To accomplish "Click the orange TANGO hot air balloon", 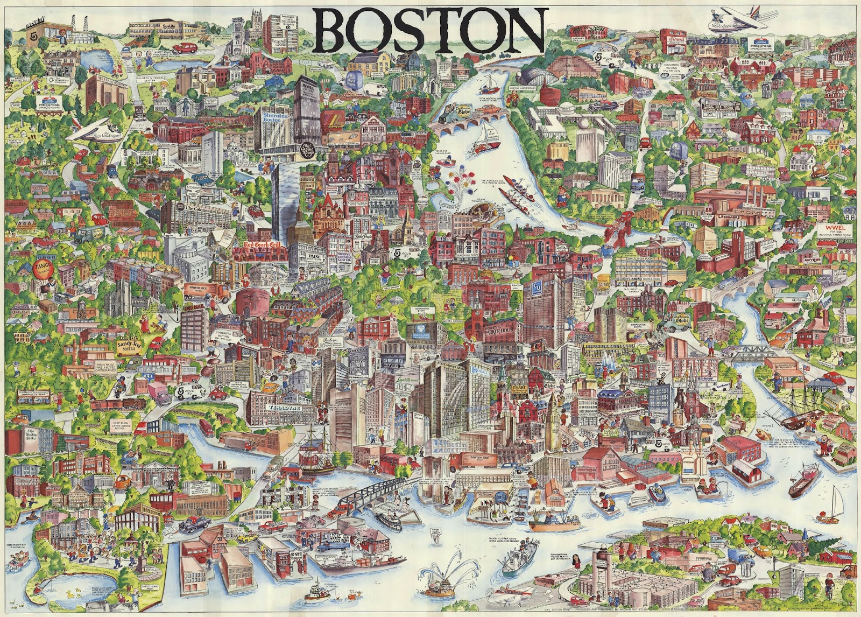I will (41, 268).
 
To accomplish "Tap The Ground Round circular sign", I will (308, 151).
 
